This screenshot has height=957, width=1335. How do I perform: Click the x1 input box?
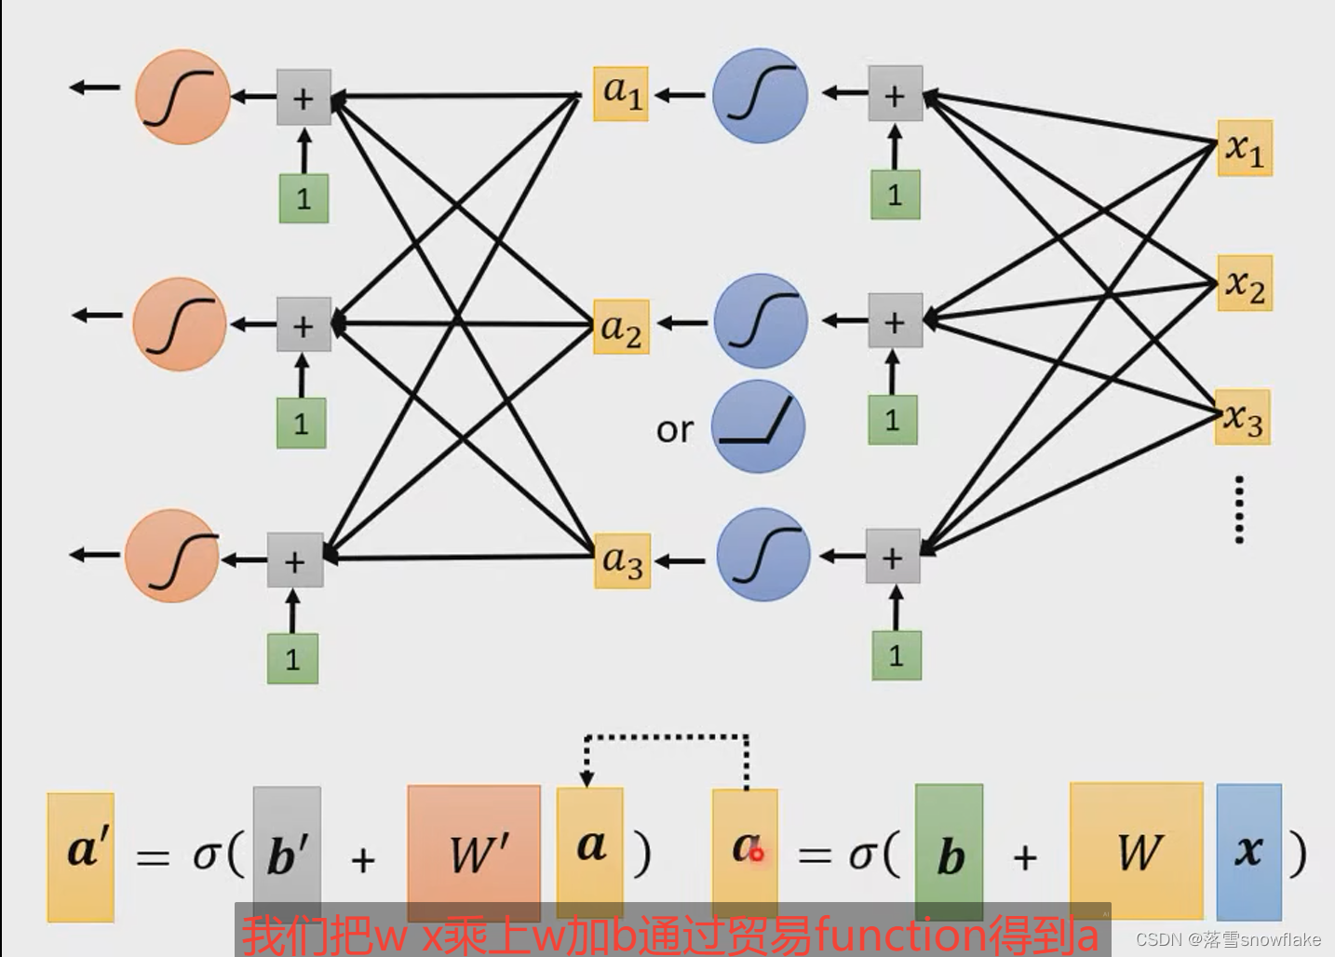pyautogui.click(x=1245, y=148)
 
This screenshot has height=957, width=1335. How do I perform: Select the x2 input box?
pyautogui.click(x=1245, y=283)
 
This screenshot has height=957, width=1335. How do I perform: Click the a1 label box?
pyautogui.click(x=621, y=93)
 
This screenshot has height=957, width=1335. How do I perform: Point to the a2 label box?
pyautogui.click(x=621, y=327)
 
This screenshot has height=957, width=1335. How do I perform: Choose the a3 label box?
pyautogui.click(x=622, y=560)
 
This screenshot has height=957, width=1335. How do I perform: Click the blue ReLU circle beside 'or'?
pyautogui.click(x=759, y=426)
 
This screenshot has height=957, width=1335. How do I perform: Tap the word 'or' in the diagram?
pyautogui.click(x=675, y=430)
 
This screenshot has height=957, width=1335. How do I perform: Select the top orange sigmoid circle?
pyautogui.click(x=182, y=97)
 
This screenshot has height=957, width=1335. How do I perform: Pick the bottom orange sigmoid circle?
pyautogui.click(x=172, y=555)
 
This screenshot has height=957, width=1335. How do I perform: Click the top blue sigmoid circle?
pyautogui.click(x=760, y=95)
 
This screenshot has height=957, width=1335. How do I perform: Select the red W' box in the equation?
pyautogui.click(x=474, y=853)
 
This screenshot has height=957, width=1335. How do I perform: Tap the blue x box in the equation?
pyautogui.click(x=1248, y=851)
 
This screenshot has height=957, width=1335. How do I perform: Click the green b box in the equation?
pyautogui.click(x=949, y=852)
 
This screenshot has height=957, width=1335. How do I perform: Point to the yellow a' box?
pyautogui.click(x=81, y=856)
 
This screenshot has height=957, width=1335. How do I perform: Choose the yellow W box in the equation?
pyautogui.click(x=1136, y=851)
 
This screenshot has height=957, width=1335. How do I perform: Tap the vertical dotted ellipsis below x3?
pyautogui.click(x=1239, y=508)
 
